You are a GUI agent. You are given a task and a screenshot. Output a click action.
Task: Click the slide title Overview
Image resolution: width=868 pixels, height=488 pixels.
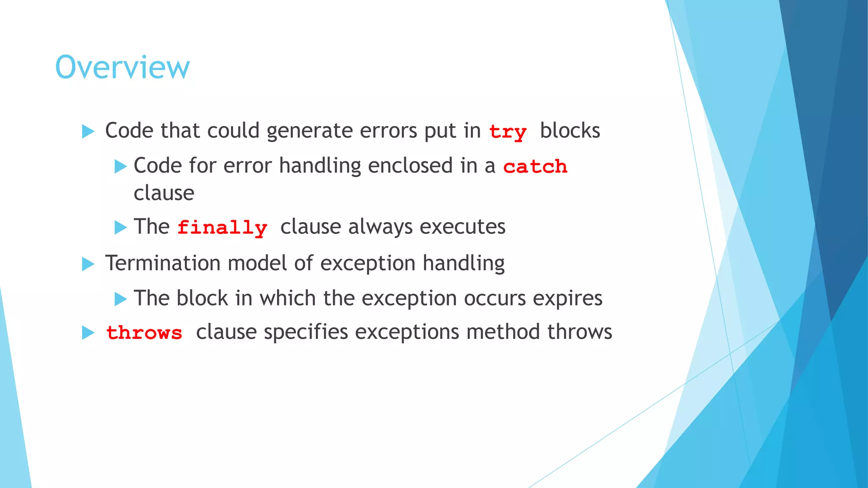pyautogui.click(x=122, y=67)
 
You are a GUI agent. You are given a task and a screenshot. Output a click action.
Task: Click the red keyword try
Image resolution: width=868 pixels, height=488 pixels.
pyautogui.click(x=508, y=132)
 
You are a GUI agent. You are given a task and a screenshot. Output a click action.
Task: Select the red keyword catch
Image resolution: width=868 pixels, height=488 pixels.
pyautogui.click(x=535, y=166)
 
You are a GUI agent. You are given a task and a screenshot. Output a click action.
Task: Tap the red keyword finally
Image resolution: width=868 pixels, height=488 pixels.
pyautogui.click(x=222, y=228)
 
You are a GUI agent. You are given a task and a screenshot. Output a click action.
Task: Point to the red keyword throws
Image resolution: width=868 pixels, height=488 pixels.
pyautogui.click(x=144, y=333)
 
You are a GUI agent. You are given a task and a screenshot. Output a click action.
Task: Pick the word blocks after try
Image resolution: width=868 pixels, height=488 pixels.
pyautogui.click(x=570, y=130)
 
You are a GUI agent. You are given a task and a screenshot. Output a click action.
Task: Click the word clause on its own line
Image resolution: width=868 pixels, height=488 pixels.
pyautogui.click(x=164, y=193)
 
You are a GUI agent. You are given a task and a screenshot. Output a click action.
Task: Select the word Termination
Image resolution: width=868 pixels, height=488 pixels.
pyautogui.click(x=163, y=263)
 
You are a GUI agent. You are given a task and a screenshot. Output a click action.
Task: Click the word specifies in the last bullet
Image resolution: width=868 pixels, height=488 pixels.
pyautogui.click(x=306, y=332)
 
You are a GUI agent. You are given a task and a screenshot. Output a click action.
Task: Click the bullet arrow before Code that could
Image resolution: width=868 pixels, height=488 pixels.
pyautogui.click(x=88, y=131)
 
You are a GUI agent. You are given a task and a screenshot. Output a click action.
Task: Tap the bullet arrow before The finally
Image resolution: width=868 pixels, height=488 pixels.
pyautogui.click(x=121, y=227)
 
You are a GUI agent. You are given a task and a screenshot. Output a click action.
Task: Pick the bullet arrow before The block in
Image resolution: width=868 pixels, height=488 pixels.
pyautogui.click(x=121, y=299)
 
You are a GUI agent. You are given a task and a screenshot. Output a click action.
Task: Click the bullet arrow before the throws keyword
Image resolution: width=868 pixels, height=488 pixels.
pyautogui.click(x=88, y=333)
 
